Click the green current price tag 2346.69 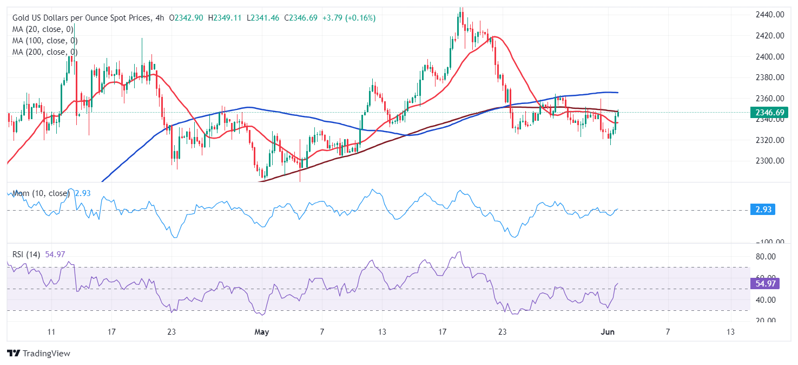[x=767, y=113]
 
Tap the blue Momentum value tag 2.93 [x=763, y=210]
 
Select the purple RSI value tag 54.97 [x=764, y=284]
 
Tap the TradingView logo [x=39, y=353]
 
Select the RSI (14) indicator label [x=27, y=254]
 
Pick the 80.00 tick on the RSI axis [x=764, y=256]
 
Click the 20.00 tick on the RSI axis [x=764, y=321]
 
